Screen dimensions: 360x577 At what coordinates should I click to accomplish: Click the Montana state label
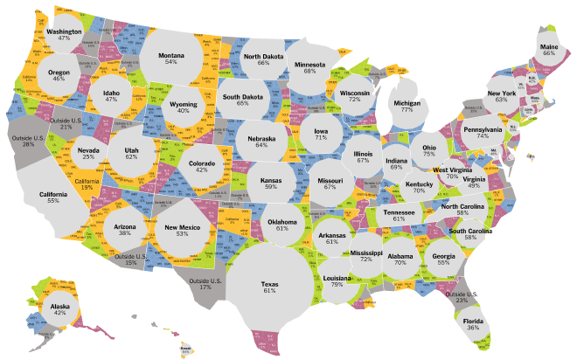[x=170, y=55]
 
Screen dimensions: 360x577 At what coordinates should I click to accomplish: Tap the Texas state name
[x=269, y=284]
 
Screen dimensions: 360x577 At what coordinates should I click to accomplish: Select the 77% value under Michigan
[x=407, y=110]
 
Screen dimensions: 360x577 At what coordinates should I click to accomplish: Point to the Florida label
[x=473, y=321]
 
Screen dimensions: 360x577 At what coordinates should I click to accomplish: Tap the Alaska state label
[x=59, y=307]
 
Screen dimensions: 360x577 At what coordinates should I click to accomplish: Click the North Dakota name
[x=263, y=54]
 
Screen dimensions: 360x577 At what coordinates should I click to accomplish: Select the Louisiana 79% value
[x=337, y=285]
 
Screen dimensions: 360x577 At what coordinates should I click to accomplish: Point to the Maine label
[x=548, y=46]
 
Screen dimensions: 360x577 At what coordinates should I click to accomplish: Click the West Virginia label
[x=452, y=170]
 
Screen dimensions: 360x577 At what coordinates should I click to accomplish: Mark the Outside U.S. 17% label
[x=205, y=281]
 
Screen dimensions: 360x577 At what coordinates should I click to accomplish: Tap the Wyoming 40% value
[x=182, y=111]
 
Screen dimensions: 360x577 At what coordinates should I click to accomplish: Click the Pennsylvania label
[x=483, y=130]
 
